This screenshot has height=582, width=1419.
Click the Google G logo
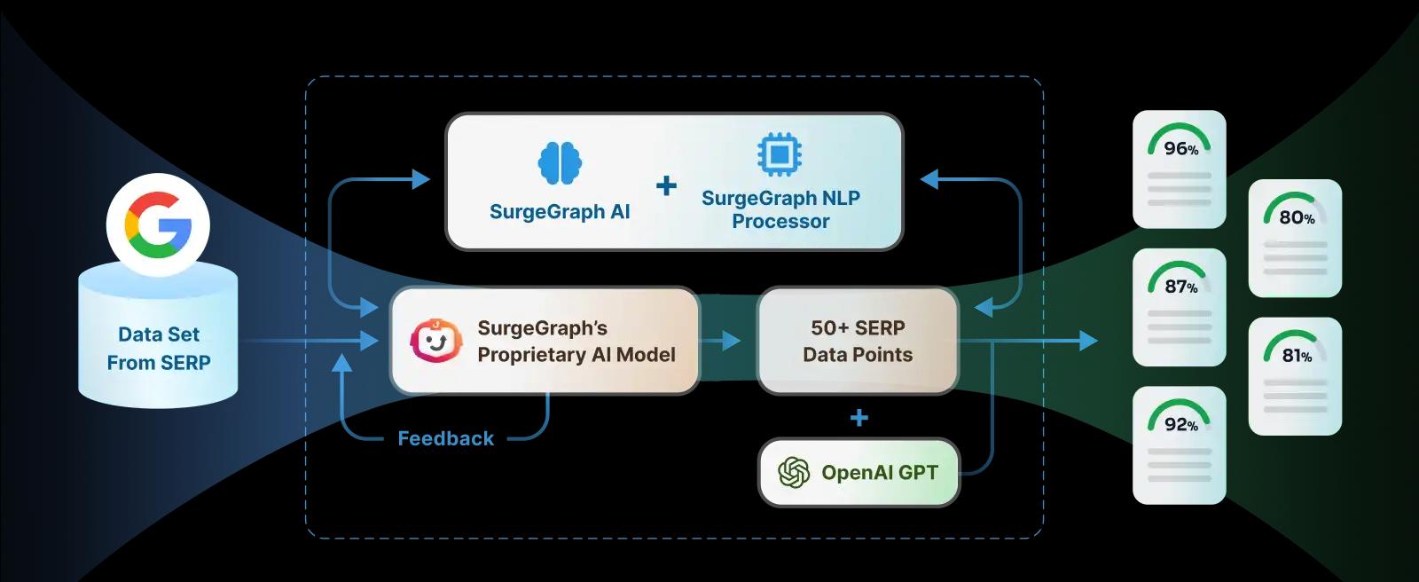coord(158,224)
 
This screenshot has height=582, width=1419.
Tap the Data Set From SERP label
coord(159,349)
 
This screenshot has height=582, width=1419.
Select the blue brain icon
coord(560,162)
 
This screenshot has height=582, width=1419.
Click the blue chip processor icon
coord(780,154)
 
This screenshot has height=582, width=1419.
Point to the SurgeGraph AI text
coord(560,212)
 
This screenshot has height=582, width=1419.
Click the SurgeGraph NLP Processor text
coord(780,209)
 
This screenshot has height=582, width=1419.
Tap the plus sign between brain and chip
coord(666,185)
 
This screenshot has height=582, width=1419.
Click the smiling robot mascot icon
coord(435,341)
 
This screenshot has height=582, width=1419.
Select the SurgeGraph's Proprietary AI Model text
coord(576,342)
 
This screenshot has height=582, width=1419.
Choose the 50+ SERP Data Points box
coord(858,341)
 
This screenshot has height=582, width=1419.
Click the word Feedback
coord(445,438)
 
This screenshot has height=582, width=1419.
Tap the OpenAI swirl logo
coord(794,473)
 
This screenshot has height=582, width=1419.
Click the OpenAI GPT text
coord(879,473)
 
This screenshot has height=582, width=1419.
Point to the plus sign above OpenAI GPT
coord(858,417)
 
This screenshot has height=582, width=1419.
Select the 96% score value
coord(1180,148)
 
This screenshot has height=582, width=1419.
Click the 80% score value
coord(1296,217)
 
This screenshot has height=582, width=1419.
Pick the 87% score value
coord(1180,287)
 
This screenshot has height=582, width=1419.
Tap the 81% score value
coord(1296,356)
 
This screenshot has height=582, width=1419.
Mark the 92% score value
coord(1180,425)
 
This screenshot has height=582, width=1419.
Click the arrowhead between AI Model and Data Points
coord(732,341)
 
